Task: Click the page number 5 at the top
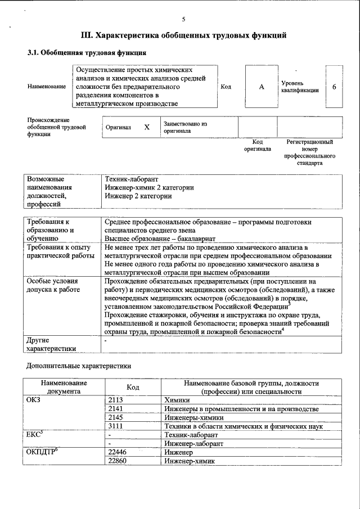click(x=183, y=18)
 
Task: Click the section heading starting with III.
click(x=183, y=35)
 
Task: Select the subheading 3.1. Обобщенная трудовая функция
click(x=87, y=53)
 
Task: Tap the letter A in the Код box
click(x=262, y=87)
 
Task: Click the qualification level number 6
click(x=335, y=87)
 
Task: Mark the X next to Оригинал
click(x=147, y=127)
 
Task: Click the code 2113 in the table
click(x=116, y=399)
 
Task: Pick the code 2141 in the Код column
click(x=116, y=409)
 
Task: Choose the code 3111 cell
click(x=116, y=426)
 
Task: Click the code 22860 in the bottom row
click(x=118, y=461)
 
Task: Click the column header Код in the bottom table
click(x=133, y=387)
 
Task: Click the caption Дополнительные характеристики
click(x=79, y=366)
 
